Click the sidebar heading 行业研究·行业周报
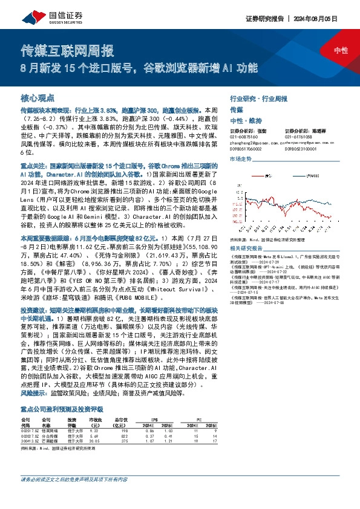[257, 97]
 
